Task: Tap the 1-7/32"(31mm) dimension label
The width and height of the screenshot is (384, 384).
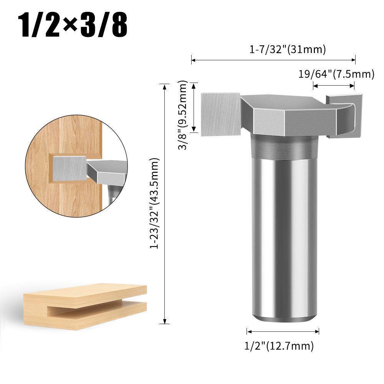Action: [288, 50]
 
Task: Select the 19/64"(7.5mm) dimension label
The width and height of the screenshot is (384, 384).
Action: [336, 74]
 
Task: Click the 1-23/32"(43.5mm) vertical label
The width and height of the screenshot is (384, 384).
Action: [155, 203]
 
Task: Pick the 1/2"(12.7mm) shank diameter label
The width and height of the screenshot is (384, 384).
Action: [279, 346]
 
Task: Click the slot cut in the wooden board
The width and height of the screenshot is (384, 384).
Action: [96, 309]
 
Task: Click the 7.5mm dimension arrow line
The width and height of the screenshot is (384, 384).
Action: [334, 87]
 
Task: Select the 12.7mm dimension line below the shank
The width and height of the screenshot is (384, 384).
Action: [283, 331]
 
